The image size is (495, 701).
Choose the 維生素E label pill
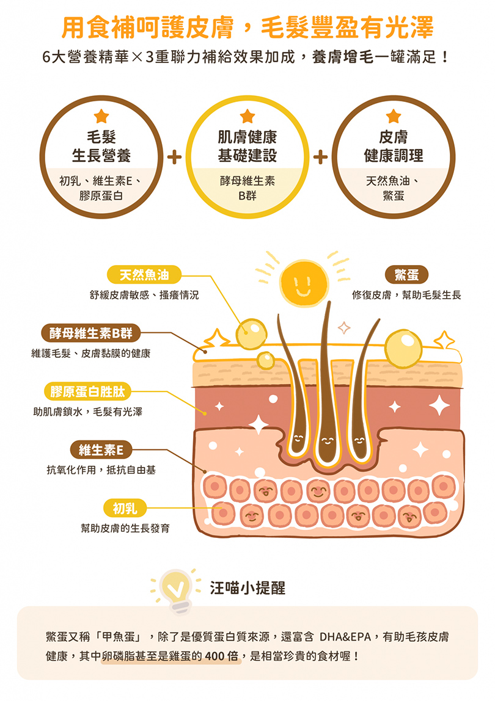tap(100, 450)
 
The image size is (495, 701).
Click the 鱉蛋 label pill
tap(406, 275)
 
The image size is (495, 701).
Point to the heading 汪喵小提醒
tap(248, 588)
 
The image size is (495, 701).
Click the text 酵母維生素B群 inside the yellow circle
tap(248, 187)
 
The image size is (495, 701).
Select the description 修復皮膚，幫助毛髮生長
tap(406, 295)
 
